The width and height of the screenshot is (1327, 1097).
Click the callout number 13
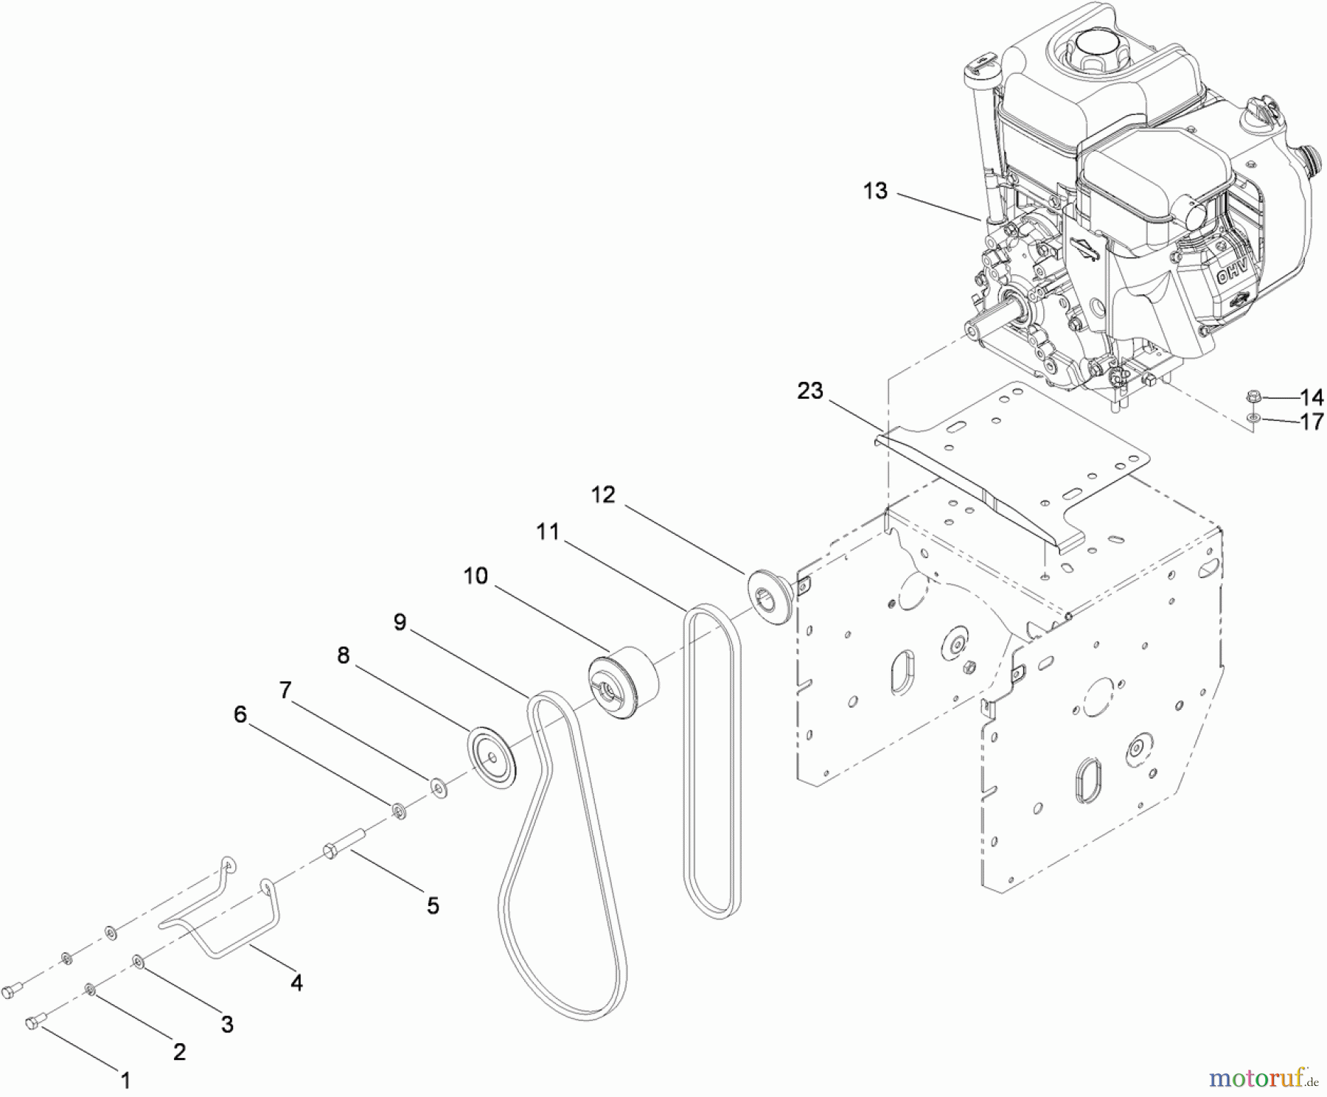(x=875, y=191)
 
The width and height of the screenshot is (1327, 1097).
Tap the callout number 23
(x=809, y=391)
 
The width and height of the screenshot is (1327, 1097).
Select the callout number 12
(x=602, y=495)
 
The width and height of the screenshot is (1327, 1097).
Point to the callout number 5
(x=433, y=905)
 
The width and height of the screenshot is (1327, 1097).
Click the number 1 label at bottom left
(x=125, y=1080)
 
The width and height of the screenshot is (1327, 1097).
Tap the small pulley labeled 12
(x=770, y=594)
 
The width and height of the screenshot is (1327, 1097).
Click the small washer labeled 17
(x=1253, y=419)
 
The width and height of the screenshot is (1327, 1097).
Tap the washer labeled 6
(x=399, y=811)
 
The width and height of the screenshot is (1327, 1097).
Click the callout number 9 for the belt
(x=399, y=622)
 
